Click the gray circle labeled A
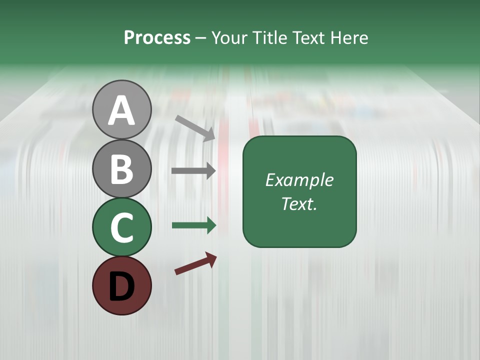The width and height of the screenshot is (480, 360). [x=121, y=109]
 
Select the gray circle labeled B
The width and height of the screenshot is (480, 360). [x=121, y=168]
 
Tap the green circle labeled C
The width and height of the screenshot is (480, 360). [x=121, y=227]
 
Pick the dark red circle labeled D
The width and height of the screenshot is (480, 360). [x=121, y=285]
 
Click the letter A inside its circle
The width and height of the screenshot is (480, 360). [x=121, y=110]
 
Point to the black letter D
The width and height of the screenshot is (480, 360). [x=121, y=286]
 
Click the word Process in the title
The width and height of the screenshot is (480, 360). [x=157, y=38]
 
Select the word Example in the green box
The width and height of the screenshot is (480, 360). [x=299, y=180]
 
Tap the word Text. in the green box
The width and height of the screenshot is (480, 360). [x=299, y=204]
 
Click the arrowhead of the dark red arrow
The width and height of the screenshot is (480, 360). [x=211, y=259]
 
